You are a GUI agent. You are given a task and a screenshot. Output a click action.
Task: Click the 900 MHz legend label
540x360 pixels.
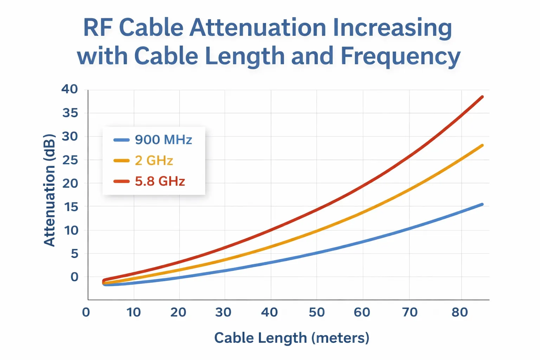(163, 140)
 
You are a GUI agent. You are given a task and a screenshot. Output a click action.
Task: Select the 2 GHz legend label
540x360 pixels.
(154, 161)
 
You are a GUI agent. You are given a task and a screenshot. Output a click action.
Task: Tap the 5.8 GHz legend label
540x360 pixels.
(160, 181)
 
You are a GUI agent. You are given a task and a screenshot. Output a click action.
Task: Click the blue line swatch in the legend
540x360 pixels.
(122, 140)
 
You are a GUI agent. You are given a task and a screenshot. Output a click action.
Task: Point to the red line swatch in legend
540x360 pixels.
(122, 181)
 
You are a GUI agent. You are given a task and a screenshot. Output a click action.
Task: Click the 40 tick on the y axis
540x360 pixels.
(70, 89)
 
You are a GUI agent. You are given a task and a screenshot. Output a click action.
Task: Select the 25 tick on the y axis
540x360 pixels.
(70, 160)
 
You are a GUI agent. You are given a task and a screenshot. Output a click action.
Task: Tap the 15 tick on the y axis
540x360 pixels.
(70, 207)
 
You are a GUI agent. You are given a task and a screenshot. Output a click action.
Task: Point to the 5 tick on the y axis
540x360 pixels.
(74, 253)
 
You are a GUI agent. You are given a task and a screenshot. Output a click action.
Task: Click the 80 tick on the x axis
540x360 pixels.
(460, 312)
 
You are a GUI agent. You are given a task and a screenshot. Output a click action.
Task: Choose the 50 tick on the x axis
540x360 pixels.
(316, 312)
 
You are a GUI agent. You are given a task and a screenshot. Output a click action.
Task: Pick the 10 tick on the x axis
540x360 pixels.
(134, 312)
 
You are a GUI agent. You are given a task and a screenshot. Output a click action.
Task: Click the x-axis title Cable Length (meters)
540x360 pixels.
(292, 338)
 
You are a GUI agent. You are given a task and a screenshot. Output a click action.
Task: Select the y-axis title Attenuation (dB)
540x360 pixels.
(50, 190)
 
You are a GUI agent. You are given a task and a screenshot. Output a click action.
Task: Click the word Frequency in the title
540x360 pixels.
(400, 56)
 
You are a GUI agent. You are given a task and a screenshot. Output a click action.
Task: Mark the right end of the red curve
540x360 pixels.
(482, 97)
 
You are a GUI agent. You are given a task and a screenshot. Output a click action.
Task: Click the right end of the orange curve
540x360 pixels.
(482, 145)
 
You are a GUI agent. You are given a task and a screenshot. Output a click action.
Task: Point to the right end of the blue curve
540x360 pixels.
(482, 204)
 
